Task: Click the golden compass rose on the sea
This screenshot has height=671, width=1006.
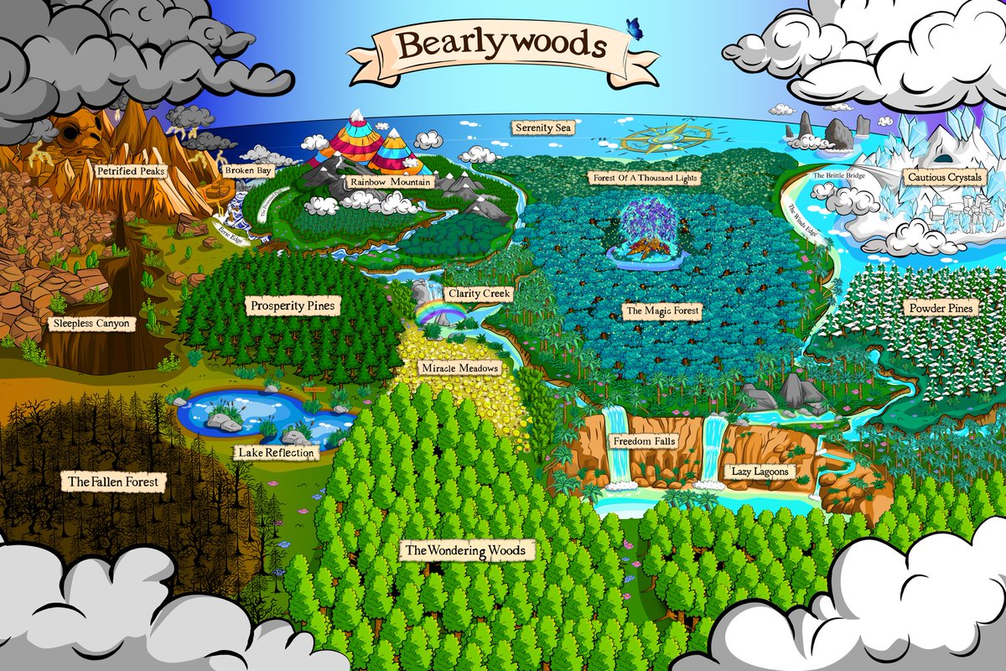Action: [x=666, y=134]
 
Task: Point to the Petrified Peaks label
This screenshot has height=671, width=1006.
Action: [x=130, y=171]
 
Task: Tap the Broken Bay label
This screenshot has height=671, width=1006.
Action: [x=243, y=170]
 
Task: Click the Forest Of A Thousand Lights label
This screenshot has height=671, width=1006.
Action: [x=644, y=179]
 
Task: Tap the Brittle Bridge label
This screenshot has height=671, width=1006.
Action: [x=840, y=176]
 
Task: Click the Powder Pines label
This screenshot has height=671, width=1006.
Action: [x=941, y=309]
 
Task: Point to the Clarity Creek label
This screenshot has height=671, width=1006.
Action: [x=479, y=294]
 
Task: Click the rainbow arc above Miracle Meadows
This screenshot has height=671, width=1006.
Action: [x=443, y=313]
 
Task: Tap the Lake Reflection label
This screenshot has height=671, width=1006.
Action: [x=276, y=453]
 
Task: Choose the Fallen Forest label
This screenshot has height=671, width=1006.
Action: [x=113, y=482]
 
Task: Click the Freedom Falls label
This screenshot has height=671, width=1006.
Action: [x=645, y=441]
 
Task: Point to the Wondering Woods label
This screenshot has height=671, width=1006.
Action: [x=465, y=551]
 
